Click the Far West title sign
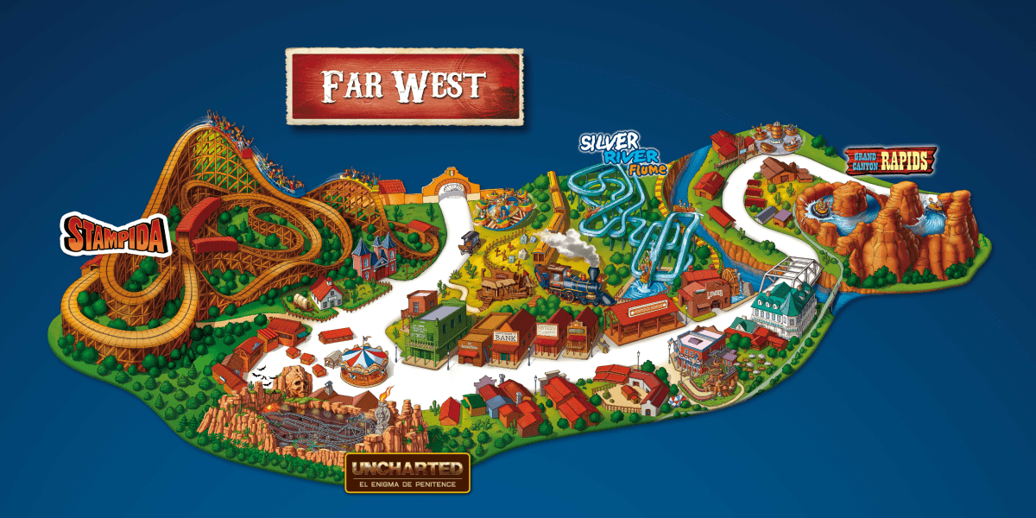pyautogui.click(x=404, y=86)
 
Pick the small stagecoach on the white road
pyautogui.click(x=471, y=239)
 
